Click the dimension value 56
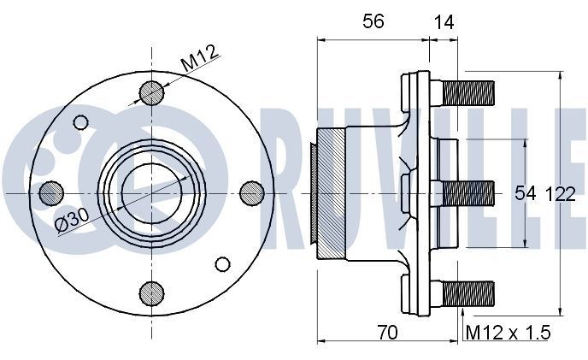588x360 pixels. pos(372,23)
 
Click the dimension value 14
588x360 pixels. pos(444,23)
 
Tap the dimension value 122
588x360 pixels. pos(562,195)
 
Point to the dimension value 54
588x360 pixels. pos(525,195)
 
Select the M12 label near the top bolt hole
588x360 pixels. pos(200,61)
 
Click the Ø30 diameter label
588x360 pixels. pos(73,220)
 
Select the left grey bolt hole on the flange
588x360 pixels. pos(50,192)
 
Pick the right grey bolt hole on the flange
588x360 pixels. pos(251,192)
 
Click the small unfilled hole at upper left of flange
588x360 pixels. pos(81,121)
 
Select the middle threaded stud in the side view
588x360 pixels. pos(467,192)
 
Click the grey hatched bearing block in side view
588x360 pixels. pos(330,192)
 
